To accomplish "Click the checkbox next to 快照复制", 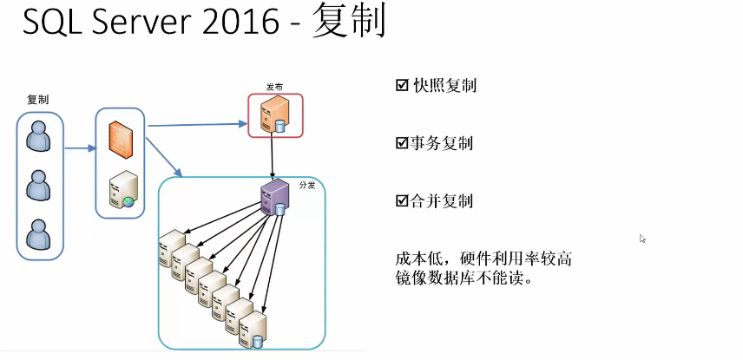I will click(401, 86).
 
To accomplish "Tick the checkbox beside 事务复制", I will click(401, 143).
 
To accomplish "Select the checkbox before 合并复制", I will click(401, 201).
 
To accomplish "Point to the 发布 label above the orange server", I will click(274, 88).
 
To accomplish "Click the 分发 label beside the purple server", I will click(306, 186).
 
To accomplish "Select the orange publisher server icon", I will click(274, 115).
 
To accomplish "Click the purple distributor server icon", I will click(274, 197).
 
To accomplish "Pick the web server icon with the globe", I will click(122, 190).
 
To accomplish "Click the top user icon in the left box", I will click(39, 135).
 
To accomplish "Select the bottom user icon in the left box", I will click(39, 234).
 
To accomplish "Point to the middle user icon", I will click(39, 185).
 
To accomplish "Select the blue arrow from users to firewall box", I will click(79, 148).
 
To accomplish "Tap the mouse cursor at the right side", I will click(642, 239).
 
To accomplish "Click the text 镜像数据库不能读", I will click(461, 279).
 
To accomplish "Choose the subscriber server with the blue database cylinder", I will click(253, 331).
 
